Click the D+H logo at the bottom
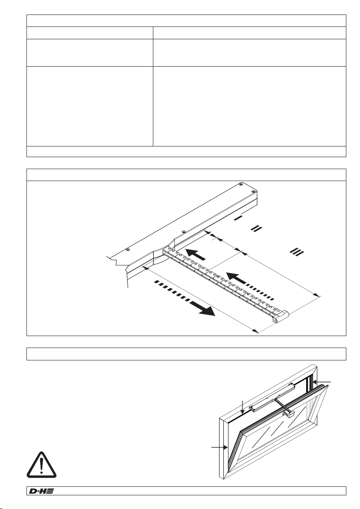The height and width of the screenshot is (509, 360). (x=41, y=491)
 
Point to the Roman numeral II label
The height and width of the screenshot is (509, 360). (x=256, y=229)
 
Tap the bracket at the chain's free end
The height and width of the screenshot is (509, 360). (x=281, y=316)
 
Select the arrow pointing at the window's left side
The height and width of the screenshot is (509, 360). (x=219, y=447)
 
